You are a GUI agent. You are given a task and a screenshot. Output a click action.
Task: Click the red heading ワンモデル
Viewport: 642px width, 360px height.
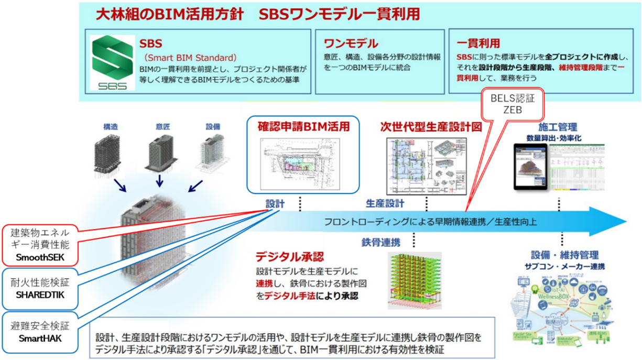pyautogui.click(x=351, y=43)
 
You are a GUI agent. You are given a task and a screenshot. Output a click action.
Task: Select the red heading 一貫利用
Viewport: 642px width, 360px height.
pyautogui.click(x=478, y=43)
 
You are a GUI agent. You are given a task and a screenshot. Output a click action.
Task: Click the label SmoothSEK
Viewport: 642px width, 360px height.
pyautogui.click(x=41, y=257)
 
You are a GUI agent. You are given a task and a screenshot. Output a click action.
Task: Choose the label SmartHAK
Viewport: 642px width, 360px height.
pyautogui.click(x=40, y=338)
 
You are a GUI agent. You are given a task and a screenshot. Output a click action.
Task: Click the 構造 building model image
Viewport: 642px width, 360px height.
pyautogui.click(x=110, y=151)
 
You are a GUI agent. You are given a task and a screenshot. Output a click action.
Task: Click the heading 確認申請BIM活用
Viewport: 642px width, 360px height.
pyautogui.click(x=303, y=126)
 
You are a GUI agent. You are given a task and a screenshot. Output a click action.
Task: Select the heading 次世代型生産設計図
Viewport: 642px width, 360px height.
pyautogui.click(x=431, y=127)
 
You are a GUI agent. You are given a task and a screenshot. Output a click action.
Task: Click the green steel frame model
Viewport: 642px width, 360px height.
pyautogui.click(x=415, y=280)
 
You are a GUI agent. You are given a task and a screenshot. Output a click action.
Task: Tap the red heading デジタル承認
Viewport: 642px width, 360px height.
pyautogui.click(x=289, y=257)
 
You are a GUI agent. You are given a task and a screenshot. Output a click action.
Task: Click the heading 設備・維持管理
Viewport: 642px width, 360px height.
pyautogui.click(x=564, y=255)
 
